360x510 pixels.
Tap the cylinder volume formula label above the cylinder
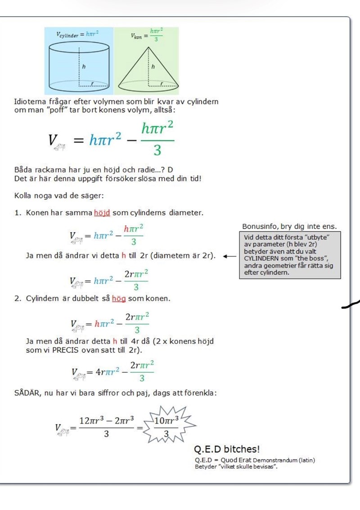click(77, 34)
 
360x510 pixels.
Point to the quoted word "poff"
click(50, 110)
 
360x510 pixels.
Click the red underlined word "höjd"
click(102, 212)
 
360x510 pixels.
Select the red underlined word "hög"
click(119, 298)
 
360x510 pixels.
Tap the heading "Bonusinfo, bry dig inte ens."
click(289, 226)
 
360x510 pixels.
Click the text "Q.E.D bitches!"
click(226, 449)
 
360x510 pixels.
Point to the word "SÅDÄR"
click(28, 393)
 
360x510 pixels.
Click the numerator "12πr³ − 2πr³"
click(106, 421)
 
